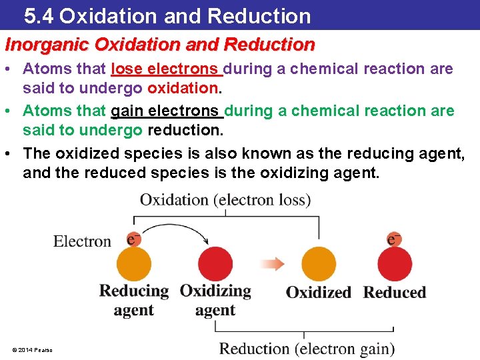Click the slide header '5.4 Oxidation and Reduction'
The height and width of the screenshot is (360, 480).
click(x=167, y=15)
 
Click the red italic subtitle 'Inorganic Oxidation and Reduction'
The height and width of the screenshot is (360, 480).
click(x=160, y=45)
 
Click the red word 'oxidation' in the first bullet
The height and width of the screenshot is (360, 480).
click(x=184, y=88)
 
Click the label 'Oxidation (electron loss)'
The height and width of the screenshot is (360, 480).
click(x=225, y=200)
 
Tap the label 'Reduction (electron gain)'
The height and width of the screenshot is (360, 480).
click(x=307, y=349)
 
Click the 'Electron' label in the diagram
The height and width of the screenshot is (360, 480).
click(x=82, y=241)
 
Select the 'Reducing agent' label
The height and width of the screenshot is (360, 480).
click(x=134, y=300)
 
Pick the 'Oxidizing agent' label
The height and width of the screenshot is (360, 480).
click(x=215, y=300)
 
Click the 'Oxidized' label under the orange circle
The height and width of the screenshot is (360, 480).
click(x=319, y=292)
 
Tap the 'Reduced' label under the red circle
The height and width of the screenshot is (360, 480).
click(x=395, y=292)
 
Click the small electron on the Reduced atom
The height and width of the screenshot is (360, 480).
click(x=394, y=239)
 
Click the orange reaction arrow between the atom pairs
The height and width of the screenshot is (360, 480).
click(x=272, y=263)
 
